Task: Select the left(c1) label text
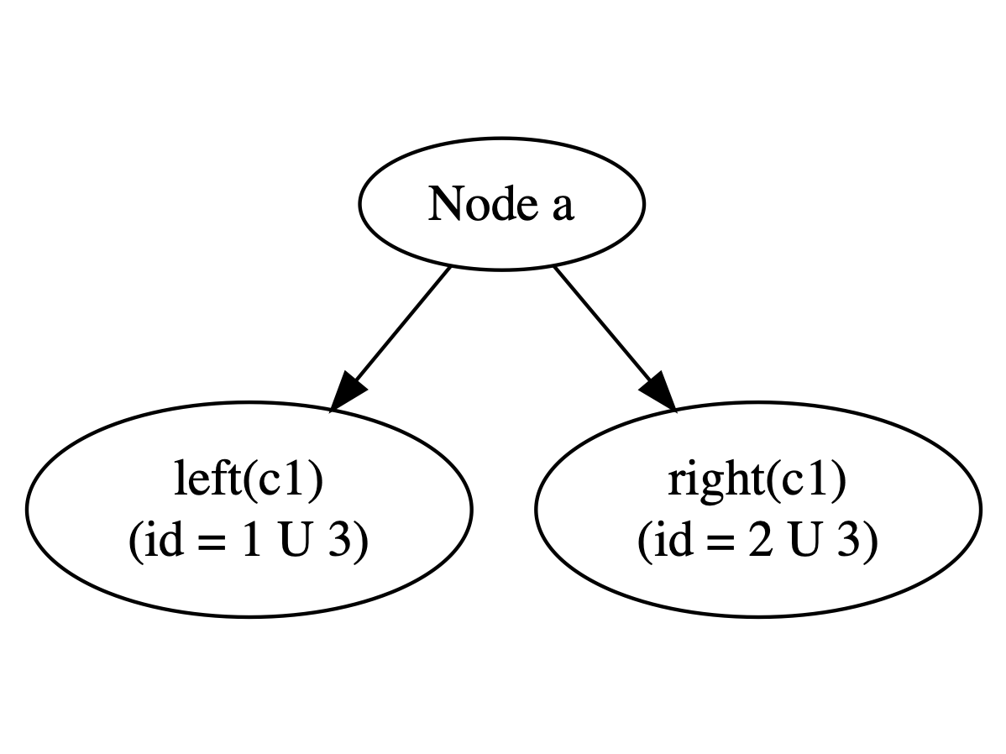coord(249,481)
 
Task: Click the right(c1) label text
coord(757,481)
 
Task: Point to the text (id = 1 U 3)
coord(249,542)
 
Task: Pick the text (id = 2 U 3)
coord(757,542)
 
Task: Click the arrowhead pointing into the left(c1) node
coord(347,391)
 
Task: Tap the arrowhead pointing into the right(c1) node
coord(658,391)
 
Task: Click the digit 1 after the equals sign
coord(249,542)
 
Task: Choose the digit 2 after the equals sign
coord(758,542)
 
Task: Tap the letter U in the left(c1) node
coord(293,542)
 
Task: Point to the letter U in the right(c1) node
coord(802,542)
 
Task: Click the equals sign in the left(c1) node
coord(210,544)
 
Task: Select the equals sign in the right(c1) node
coord(719,544)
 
